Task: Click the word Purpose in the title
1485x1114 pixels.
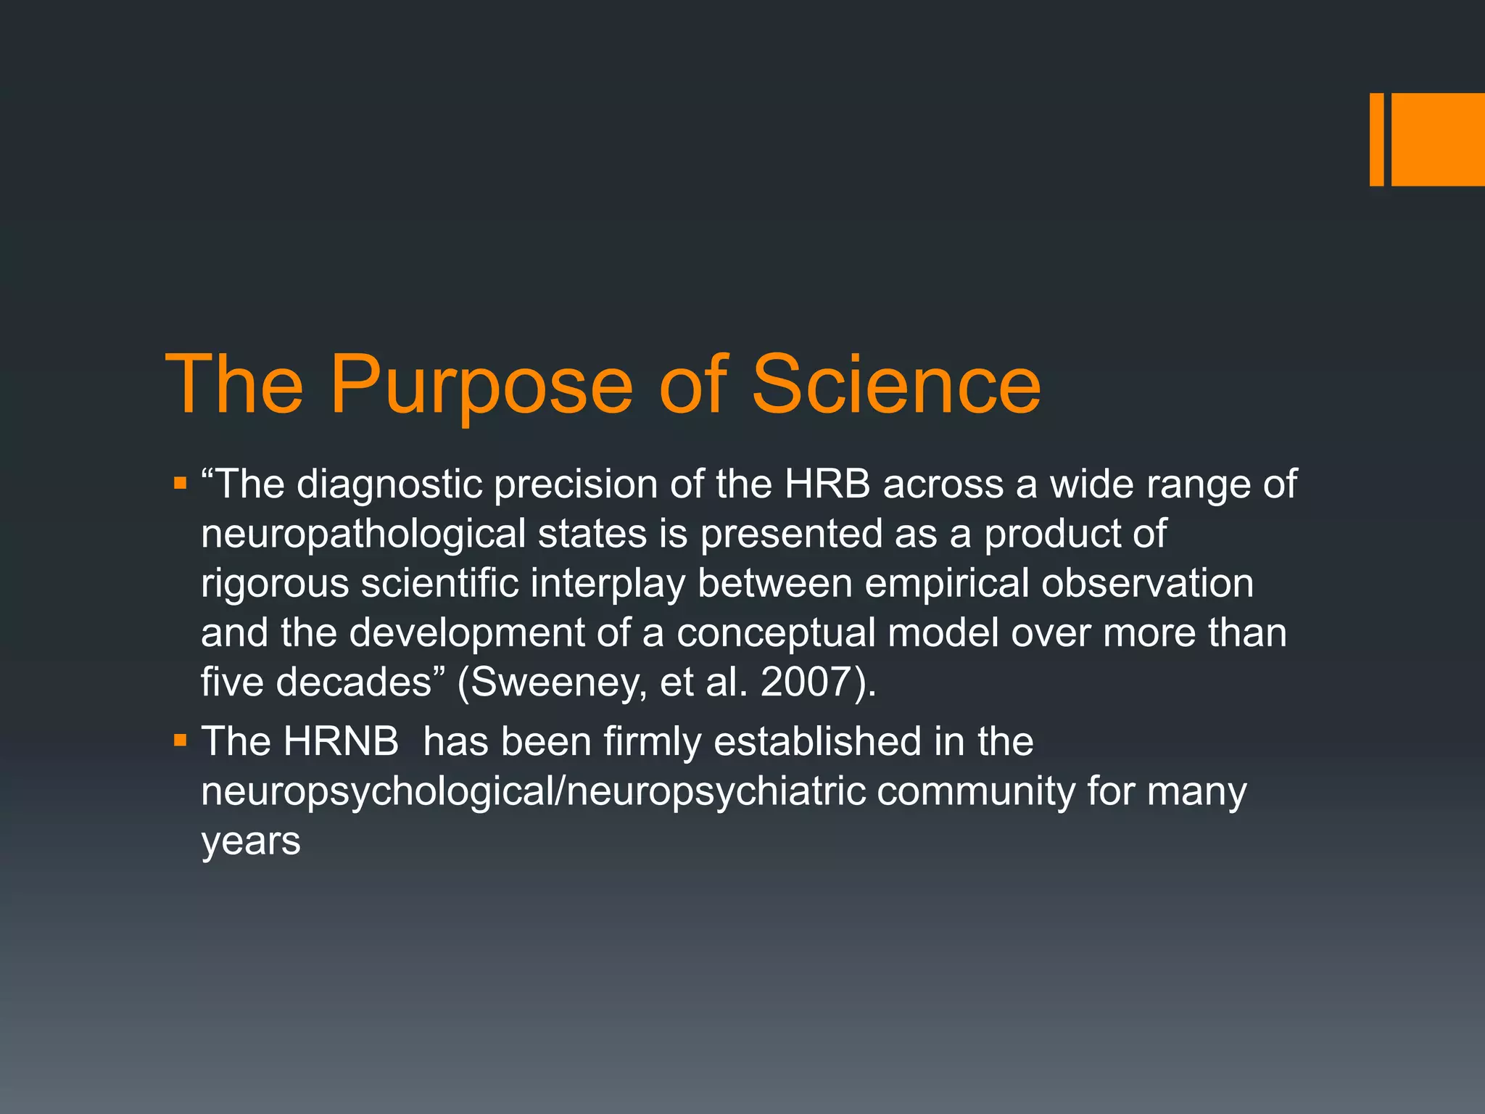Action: point(481,386)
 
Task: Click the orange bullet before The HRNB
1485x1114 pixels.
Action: point(180,740)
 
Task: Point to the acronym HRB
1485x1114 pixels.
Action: point(827,484)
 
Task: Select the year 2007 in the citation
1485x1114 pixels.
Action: point(806,682)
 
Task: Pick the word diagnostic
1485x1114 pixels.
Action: point(390,485)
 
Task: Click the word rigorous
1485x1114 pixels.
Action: point(275,585)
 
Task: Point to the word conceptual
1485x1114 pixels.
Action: point(777,634)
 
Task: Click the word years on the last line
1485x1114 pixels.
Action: point(251,842)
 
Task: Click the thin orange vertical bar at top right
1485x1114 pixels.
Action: point(1376,139)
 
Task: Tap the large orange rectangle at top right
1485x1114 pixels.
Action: point(1438,139)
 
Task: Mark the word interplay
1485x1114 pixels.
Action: point(607,585)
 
